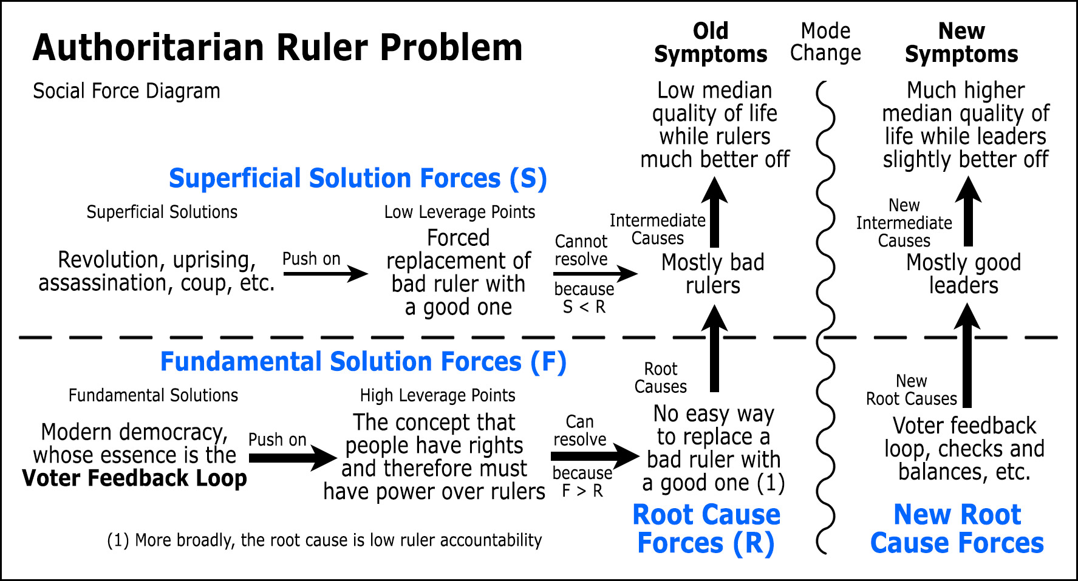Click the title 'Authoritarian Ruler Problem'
click(278, 47)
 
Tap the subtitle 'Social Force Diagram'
click(126, 91)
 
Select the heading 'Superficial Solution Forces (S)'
click(358, 178)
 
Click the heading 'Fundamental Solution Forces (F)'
click(363, 362)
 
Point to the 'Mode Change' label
click(825, 42)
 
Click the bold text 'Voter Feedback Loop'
click(134, 478)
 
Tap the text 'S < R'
click(584, 307)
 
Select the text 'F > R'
click(582, 491)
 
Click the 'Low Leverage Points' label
click(460, 212)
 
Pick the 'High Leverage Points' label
click(437, 395)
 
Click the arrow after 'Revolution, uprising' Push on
click(326, 274)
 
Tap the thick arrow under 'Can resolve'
click(594, 456)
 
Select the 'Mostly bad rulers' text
click(712, 274)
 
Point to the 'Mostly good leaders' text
click(963, 274)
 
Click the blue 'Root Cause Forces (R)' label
click(706, 529)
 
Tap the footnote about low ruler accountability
click(324, 540)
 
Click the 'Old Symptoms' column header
click(711, 42)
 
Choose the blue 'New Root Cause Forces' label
click(957, 529)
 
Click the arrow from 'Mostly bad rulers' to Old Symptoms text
click(715, 212)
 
